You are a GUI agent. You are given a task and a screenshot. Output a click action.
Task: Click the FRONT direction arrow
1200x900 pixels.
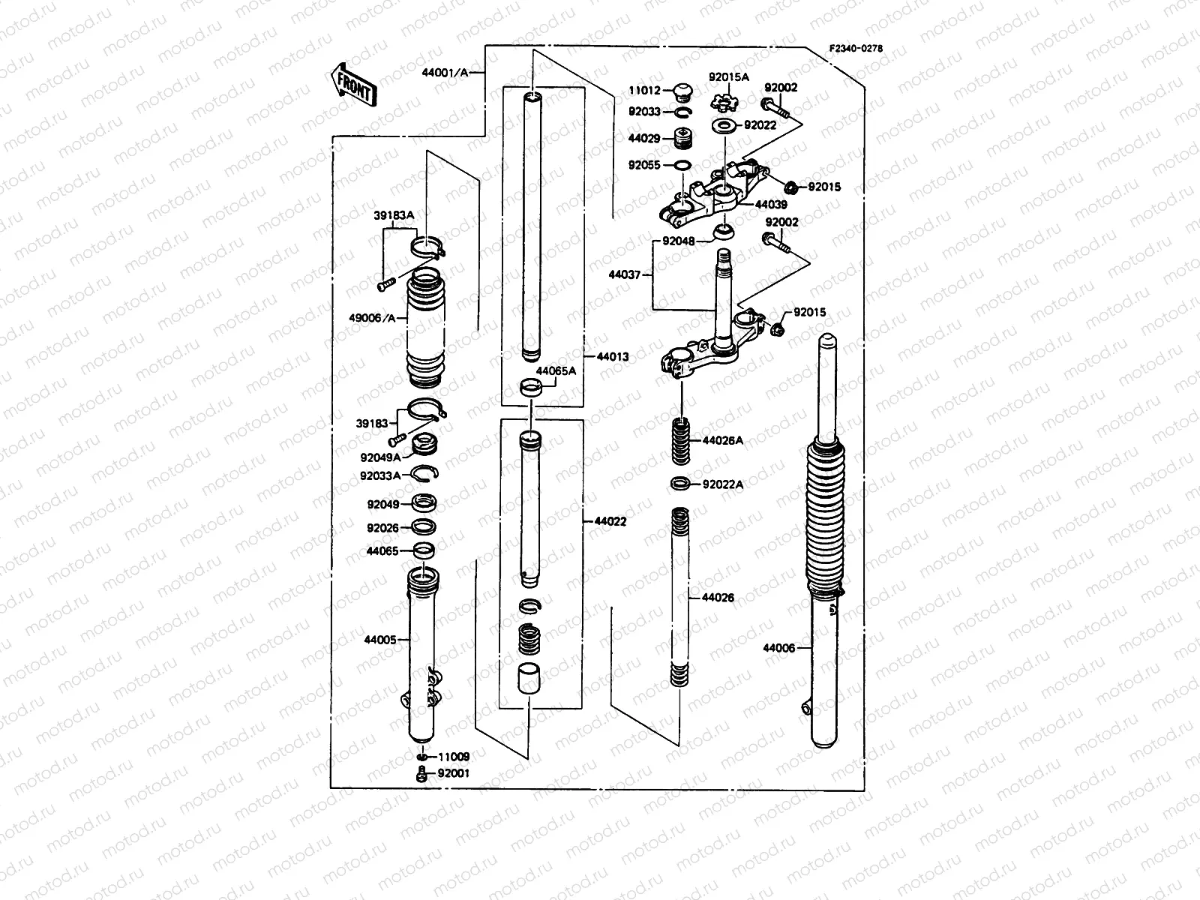pos(353,82)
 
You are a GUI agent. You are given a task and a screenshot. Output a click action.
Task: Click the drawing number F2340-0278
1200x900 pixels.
pos(855,48)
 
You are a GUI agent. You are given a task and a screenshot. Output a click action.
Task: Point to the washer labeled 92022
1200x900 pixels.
pos(723,125)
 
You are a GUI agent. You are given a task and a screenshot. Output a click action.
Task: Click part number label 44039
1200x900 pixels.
pos(771,204)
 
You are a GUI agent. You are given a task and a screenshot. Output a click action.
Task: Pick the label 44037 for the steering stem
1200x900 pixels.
pos(625,275)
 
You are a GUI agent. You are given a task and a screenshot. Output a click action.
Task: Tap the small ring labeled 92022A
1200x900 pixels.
pos(681,484)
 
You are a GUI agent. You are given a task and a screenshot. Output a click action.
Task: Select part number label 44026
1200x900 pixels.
pos(717,598)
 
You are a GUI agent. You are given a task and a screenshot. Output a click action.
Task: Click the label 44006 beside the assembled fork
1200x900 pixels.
pos(778,648)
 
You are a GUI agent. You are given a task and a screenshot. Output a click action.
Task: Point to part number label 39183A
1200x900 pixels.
pos(394,216)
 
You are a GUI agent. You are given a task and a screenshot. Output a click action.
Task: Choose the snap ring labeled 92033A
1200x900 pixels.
pos(424,472)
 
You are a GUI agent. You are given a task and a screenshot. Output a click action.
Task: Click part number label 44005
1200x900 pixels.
pos(380,640)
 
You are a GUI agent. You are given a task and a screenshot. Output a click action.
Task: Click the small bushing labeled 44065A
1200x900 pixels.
pos(529,390)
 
